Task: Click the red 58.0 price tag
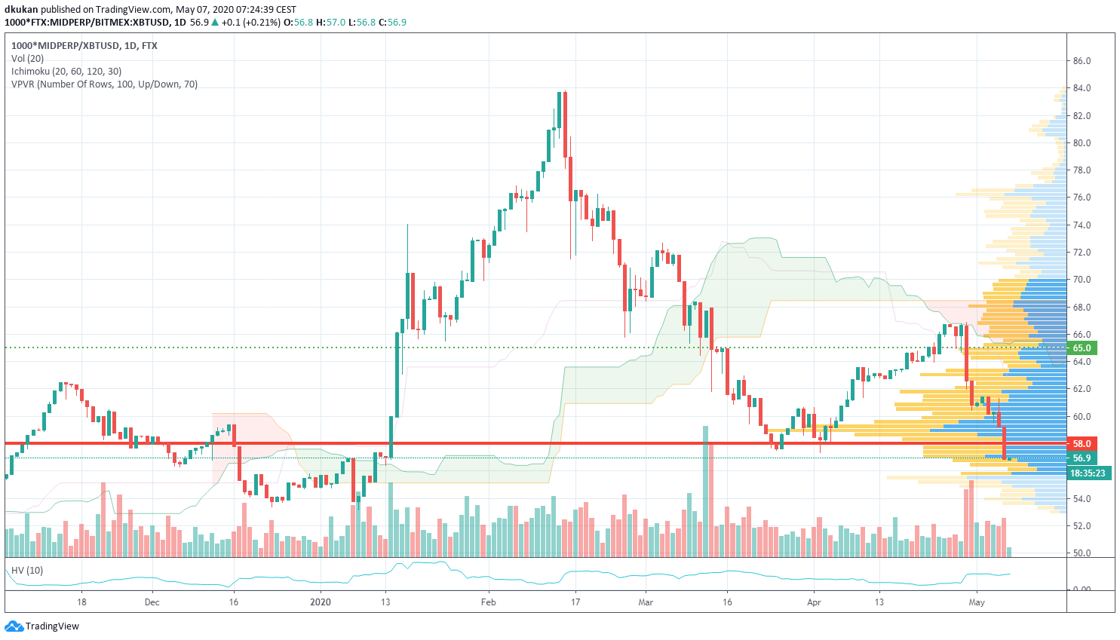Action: click(x=1082, y=444)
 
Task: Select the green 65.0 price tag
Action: click(x=1082, y=348)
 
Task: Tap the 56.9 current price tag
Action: click(x=1082, y=458)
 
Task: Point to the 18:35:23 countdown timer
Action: click(x=1087, y=473)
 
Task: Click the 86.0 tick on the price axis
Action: click(x=1082, y=61)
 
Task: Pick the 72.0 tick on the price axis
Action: click(x=1082, y=253)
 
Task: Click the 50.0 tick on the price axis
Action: click(x=1082, y=553)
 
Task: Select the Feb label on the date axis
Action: click(x=489, y=602)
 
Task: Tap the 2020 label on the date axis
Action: click(x=321, y=602)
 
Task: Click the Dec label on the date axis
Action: click(x=152, y=602)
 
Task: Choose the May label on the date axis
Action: click(x=977, y=602)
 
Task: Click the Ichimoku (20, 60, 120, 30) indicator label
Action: click(x=66, y=72)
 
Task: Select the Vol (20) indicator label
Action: click(x=28, y=59)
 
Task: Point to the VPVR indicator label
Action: click(x=104, y=84)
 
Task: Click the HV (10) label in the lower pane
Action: click(x=27, y=571)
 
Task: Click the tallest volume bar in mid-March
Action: click(x=706, y=490)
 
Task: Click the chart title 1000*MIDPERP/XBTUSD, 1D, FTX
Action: click(x=84, y=46)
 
